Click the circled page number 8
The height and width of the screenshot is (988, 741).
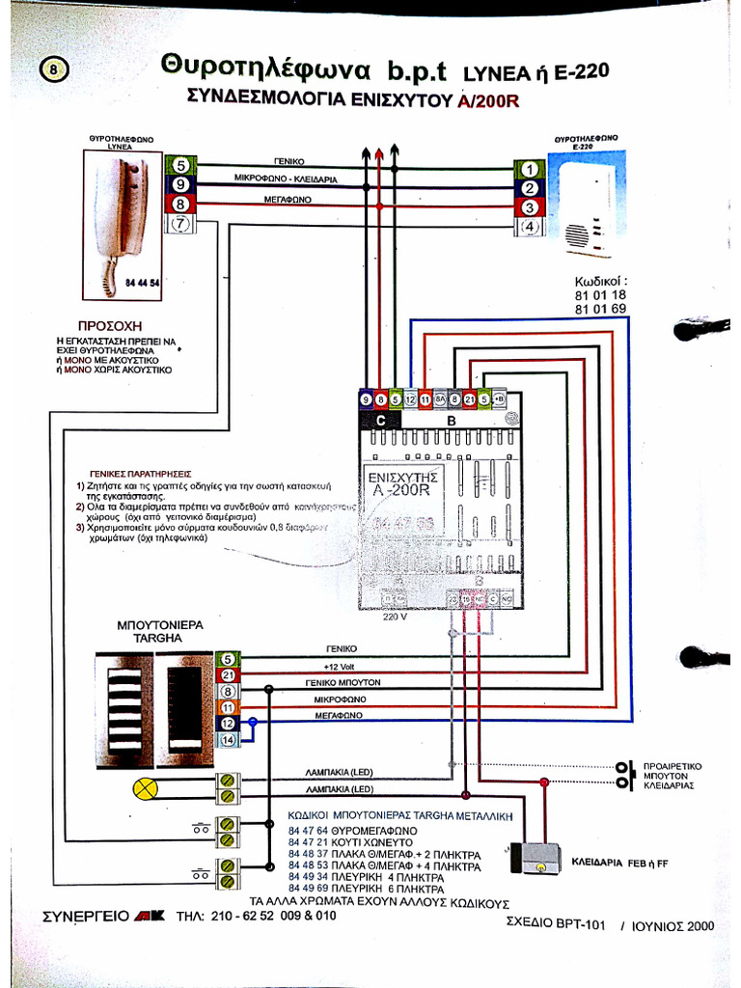click(53, 69)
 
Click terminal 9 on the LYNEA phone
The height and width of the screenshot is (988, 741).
click(180, 184)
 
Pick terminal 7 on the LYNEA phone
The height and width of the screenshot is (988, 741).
click(180, 224)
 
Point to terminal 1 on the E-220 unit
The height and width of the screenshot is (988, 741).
click(529, 169)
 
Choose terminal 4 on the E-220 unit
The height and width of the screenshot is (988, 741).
click(529, 228)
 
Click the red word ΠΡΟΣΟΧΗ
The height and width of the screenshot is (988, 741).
click(109, 326)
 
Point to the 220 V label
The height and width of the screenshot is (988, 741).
click(396, 617)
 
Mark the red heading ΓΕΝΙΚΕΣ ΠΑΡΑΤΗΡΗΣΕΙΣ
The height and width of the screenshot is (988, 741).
click(140, 474)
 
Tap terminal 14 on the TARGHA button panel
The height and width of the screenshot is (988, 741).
click(228, 739)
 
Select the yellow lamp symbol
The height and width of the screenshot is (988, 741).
click(145, 788)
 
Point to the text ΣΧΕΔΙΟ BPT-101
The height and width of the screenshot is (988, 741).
click(555, 923)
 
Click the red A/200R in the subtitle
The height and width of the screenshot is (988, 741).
click(488, 99)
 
